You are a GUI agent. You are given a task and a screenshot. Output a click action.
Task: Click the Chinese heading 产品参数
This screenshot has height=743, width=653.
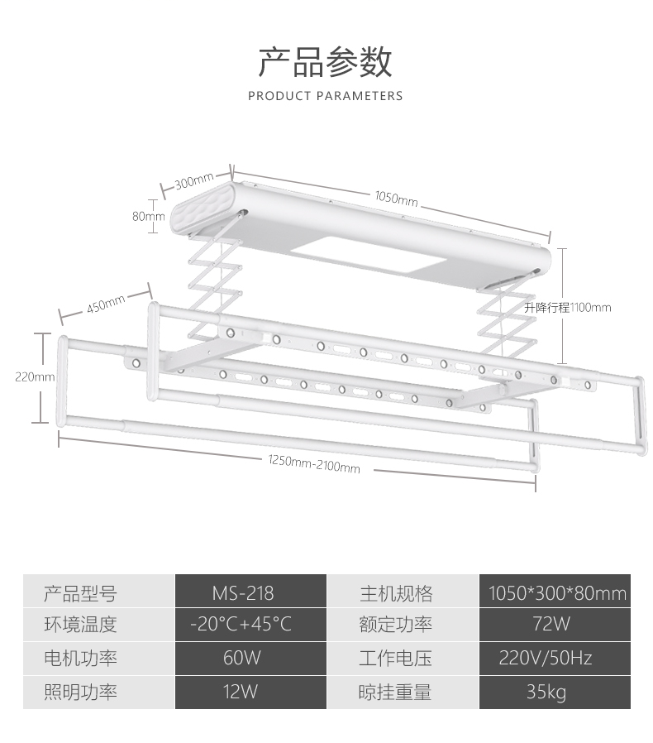tap(325, 62)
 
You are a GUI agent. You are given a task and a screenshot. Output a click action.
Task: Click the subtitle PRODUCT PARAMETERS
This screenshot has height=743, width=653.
tap(325, 96)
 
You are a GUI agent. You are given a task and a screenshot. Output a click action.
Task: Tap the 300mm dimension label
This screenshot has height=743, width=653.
tap(195, 180)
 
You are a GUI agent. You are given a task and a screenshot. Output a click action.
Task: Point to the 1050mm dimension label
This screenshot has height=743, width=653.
tap(397, 199)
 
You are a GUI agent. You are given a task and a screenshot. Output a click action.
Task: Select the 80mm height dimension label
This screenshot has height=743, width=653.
tap(149, 217)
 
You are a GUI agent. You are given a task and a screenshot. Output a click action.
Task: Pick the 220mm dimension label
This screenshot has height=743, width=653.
tap(35, 376)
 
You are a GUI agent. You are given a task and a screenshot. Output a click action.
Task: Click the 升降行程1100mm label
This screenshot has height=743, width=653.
tap(568, 307)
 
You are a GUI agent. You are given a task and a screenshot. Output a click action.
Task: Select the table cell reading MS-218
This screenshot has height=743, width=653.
tap(242, 593)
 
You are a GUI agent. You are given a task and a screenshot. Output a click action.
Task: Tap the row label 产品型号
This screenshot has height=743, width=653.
tap(80, 593)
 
